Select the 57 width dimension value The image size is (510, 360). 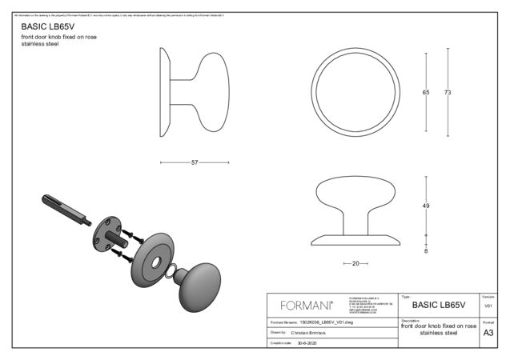pyautogui.click(x=195, y=162)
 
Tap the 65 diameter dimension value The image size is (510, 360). pyautogui.click(x=426, y=93)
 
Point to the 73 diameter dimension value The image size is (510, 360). pyautogui.click(x=448, y=93)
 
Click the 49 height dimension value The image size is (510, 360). pyautogui.click(x=426, y=206)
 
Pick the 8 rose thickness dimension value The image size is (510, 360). pyautogui.click(x=426, y=251)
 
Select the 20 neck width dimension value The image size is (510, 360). pyautogui.click(x=355, y=263)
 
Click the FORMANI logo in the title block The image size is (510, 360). pyautogui.click(x=307, y=305)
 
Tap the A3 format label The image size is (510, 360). pyautogui.click(x=488, y=334)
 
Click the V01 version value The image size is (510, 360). pyautogui.click(x=488, y=306)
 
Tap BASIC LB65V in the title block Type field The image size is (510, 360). pyautogui.click(x=438, y=305)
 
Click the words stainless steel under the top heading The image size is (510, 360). pyautogui.click(x=40, y=44)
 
